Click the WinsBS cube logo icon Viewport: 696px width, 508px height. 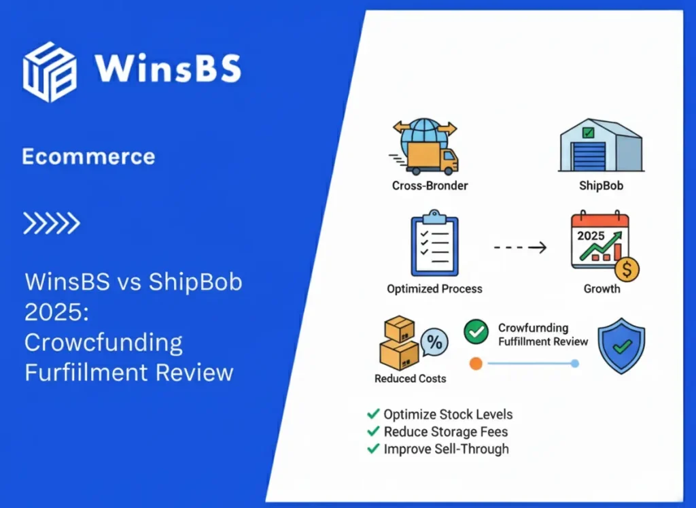pyautogui.click(x=49, y=72)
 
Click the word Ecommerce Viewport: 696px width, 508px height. pyautogui.click(x=88, y=157)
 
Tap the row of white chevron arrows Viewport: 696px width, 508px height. pyautogui.click(x=52, y=223)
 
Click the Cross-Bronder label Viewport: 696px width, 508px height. pyautogui.click(x=430, y=185)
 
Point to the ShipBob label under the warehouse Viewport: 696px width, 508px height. pyautogui.click(x=601, y=185)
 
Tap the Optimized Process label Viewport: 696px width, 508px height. pyautogui.click(x=434, y=288)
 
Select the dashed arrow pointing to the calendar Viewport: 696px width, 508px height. pyautogui.click(x=520, y=248)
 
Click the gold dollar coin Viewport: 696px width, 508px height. pyautogui.click(x=627, y=270)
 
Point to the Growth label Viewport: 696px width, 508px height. pyautogui.click(x=602, y=288)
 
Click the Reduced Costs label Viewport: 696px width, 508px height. pyautogui.click(x=410, y=378)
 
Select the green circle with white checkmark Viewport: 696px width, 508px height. pyautogui.click(x=476, y=333)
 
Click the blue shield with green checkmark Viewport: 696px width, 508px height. pyautogui.click(x=621, y=345)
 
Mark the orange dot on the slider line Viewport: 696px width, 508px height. pyautogui.click(x=476, y=364)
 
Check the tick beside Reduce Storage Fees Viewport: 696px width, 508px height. pyautogui.click(x=373, y=431)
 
